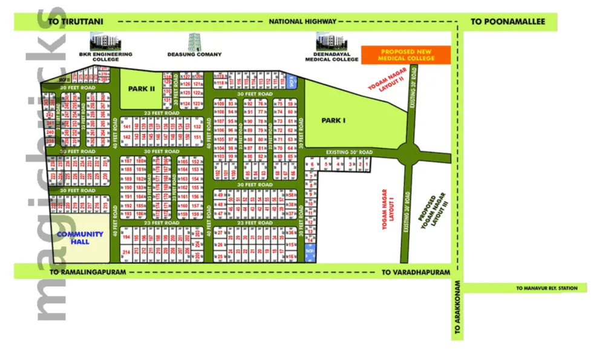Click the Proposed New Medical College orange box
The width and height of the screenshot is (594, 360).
click(x=406, y=54)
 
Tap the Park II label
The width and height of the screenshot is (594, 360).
click(x=142, y=88)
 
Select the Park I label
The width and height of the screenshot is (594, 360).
click(x=333, y=120)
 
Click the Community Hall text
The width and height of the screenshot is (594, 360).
click(x=80, y=238)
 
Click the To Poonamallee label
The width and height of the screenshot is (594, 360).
click(x=508, y=22)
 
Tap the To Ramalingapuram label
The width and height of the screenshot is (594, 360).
click(x=88, y=272)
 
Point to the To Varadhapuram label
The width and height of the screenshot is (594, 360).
click(x=416, y=272)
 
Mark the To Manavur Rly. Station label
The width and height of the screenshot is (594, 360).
click(x=547, y=289)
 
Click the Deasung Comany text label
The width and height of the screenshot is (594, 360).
click(x=195, y=54)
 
